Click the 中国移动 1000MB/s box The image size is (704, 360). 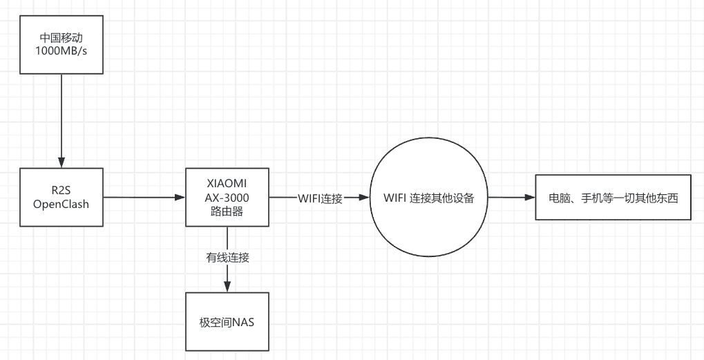(61, 44)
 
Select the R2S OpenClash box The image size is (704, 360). (61, 197)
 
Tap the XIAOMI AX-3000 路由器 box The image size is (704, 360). (227, 197)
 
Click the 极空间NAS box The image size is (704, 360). (227, 321)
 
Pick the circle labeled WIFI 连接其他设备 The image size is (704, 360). (429, 197)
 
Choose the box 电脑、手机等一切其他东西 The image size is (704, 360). (613, 197)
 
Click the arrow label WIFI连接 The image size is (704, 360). (320, 198)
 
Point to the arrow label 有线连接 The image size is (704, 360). (227, 257)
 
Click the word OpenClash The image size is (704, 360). (61, 205)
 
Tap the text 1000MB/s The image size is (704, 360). (61, 50)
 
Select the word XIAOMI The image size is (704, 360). (227, 184)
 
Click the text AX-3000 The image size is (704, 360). (227, 198)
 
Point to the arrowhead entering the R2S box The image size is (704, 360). (61, 163)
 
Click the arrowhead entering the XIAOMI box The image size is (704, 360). (180, 197)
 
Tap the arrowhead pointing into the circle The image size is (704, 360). (364, 197)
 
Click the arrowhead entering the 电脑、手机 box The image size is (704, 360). (530, 197)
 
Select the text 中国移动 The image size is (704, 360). (61, 37)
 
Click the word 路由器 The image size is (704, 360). (227, 211)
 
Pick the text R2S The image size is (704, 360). (61, 190)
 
